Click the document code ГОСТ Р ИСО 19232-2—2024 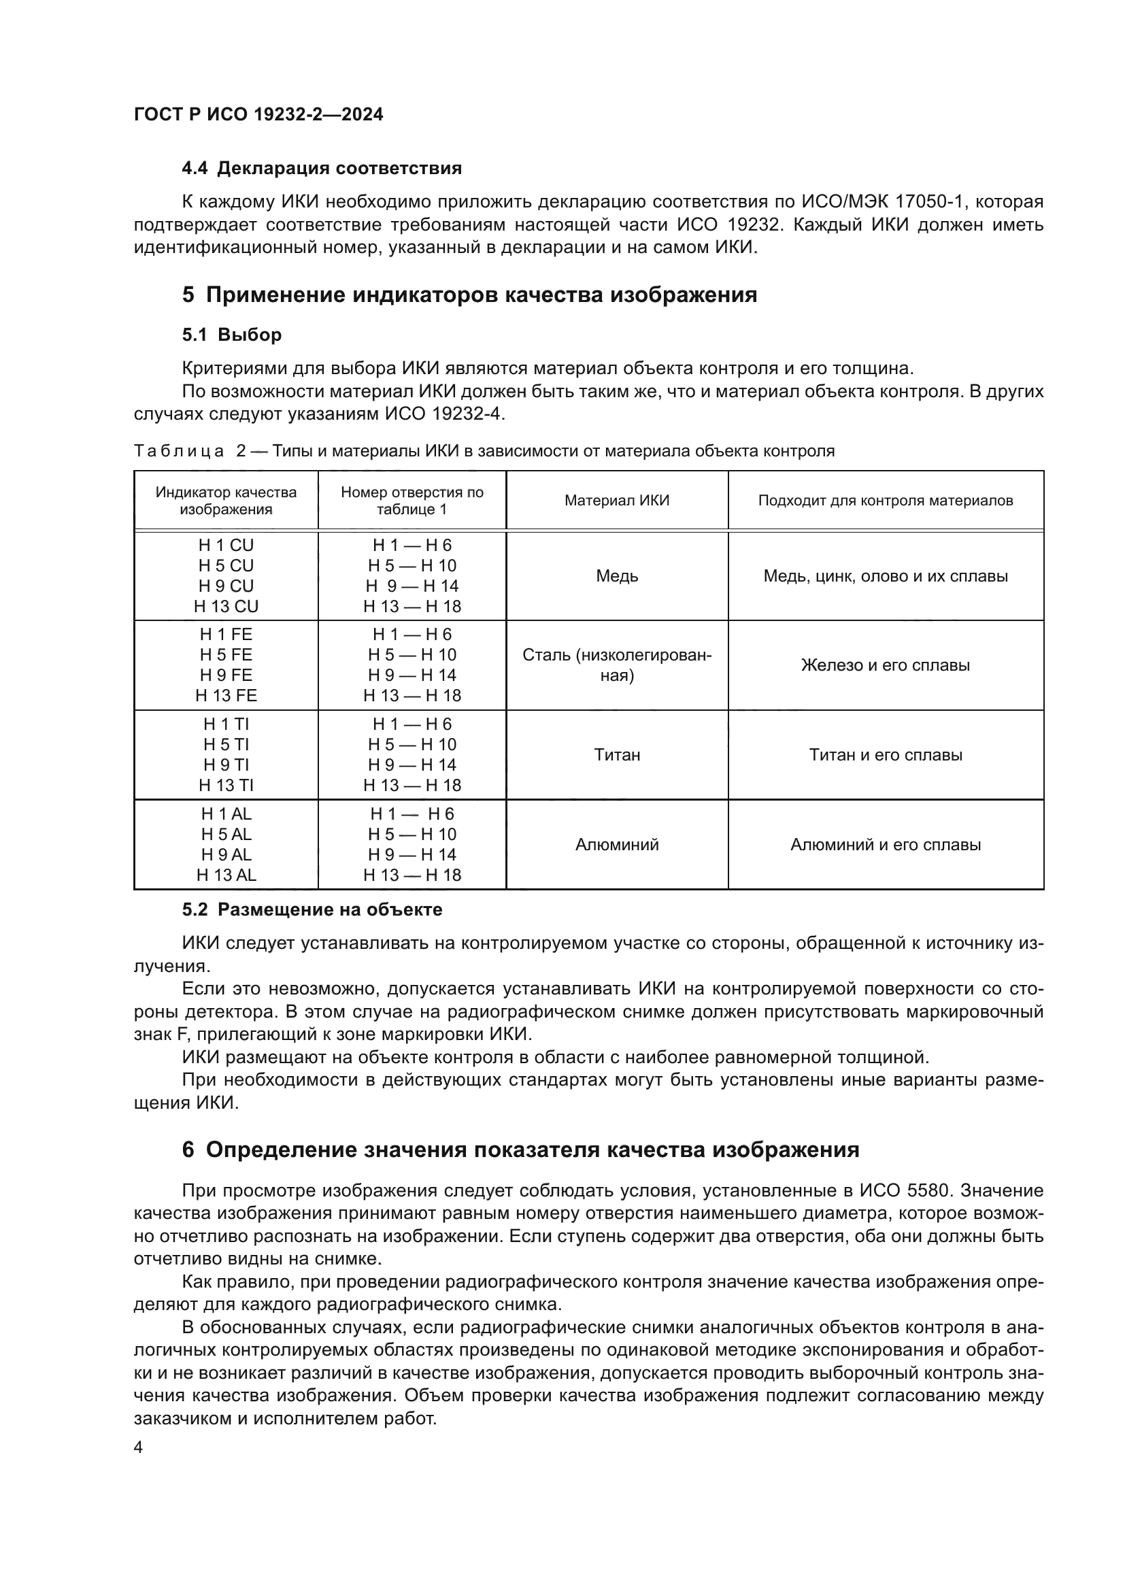[x=258, y=114]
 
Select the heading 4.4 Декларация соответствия [x=322, y=169]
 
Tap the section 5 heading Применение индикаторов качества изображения [x=469, y=295]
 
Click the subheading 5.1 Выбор [x=231, y=335]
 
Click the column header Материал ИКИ [x=616, y=501]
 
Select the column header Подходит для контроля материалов [x=886, y=501]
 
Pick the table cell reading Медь [x=616, y=576]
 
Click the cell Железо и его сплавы [x=886, y=665]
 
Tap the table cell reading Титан [x=616, y=754]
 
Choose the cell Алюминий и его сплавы [x=886, y=845]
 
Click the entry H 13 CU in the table [x=226, y=606]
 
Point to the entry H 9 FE [x=226, y=675]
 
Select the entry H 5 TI [x=226, y=744]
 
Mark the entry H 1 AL [x=226, y=814]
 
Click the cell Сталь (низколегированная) [x=616, y=665]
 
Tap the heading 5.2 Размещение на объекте [x=312, y=909]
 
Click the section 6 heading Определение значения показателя [x=520, y=1150]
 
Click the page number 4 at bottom [x=138, y=1447]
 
